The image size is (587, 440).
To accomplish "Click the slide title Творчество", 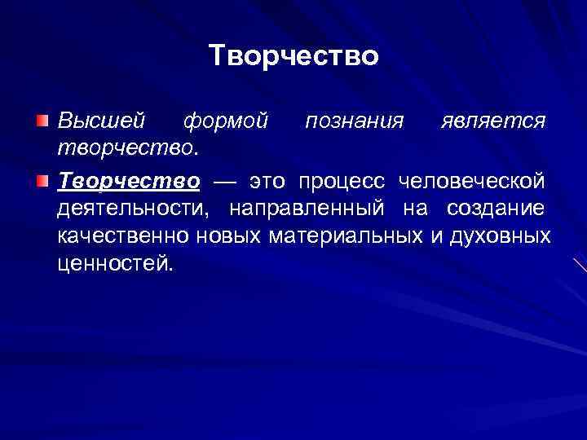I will (x=293, y=55).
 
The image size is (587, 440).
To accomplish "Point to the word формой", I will (x=226, y=121).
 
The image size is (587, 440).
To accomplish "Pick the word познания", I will (x=354, y=121).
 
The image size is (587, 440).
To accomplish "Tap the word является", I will (x=492, y=121).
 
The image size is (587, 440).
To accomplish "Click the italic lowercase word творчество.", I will (x=126, y=149).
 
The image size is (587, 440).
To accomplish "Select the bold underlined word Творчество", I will (x=128, y=179).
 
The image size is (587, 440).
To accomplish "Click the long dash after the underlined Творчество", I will (x=225, y=179).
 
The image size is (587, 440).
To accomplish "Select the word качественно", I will (x=124, y=237).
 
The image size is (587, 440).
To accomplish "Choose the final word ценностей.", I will (x=115, y=266).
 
